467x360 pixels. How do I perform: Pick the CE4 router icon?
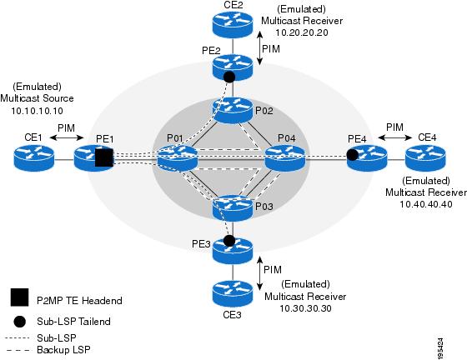pyautogui.click(x=425, y=157)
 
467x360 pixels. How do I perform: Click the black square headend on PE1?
pyautogui.click(x=103, y=158)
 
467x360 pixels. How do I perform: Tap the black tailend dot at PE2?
pyautogui.click(x=228, y=77)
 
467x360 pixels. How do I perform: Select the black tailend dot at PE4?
pyautogui.click(x=353, y=155)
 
